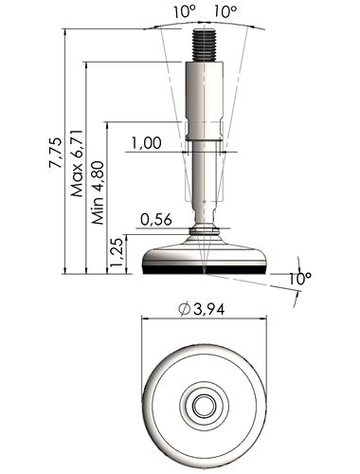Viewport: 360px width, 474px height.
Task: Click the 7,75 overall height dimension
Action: click(56, 153)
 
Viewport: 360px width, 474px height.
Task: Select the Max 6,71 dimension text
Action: click(77, 163)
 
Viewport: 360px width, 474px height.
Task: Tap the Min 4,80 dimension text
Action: click(99, 192)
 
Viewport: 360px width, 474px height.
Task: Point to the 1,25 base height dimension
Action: click(117, 252)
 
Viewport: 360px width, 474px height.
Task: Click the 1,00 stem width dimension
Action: click(146, 143)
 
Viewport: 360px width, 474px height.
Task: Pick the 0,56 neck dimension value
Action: click(156, 219)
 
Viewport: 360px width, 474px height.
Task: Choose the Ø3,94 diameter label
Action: click(202, 309)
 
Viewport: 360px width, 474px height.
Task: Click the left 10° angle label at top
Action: click(184, 12)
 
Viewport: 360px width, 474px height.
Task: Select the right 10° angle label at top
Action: click(225, 12)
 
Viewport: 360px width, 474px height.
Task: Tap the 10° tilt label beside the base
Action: click(300, 279)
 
